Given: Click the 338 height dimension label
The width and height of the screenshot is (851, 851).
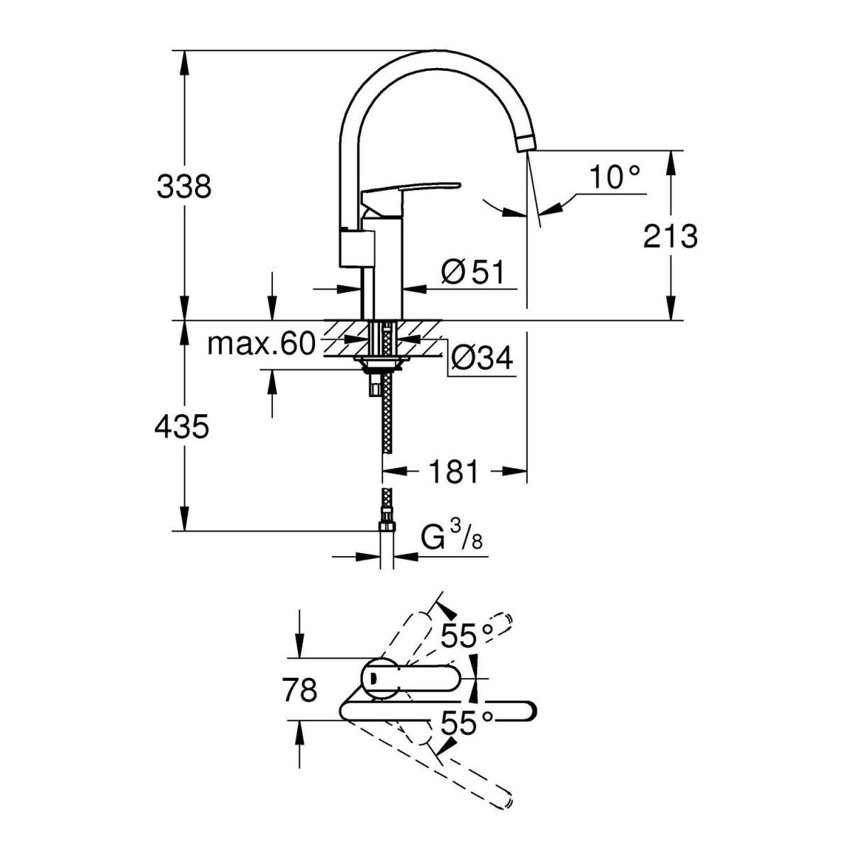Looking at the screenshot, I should pos(184,187).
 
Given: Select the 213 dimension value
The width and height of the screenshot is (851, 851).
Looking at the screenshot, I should pos(670,236).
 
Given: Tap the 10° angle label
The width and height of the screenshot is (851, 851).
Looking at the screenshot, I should pos(614,177).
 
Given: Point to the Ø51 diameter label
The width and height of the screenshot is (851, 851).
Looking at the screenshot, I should pos(471,272).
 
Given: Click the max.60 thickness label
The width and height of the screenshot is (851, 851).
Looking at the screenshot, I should pos(260,345).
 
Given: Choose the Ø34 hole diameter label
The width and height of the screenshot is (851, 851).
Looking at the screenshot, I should pos(481,360).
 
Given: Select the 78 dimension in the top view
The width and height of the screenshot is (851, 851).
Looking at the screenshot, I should pos(299,689).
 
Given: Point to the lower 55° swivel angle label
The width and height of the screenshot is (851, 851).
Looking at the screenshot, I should pos(466,724).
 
